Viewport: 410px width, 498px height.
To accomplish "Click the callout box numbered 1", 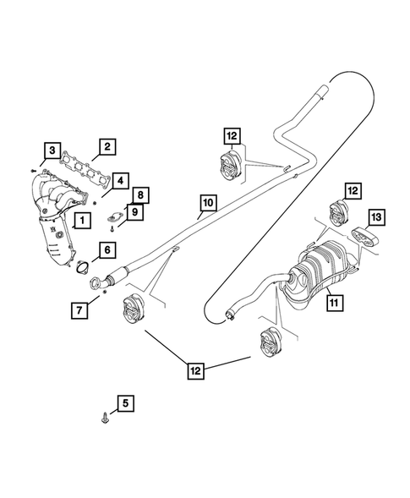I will click(x=82, y=222).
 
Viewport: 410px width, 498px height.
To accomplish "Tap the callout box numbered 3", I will click(x=52, y=152).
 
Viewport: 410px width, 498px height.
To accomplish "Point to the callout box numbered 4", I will click(x=122, y=181).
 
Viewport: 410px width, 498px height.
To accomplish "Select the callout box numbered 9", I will click(x=134, y=211).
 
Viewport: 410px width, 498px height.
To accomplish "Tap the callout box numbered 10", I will click(x=208, y=203).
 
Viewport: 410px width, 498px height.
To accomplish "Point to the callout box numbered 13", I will click(x=376, y=219).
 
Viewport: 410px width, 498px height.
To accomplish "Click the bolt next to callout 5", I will click(x=103, y=417).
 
